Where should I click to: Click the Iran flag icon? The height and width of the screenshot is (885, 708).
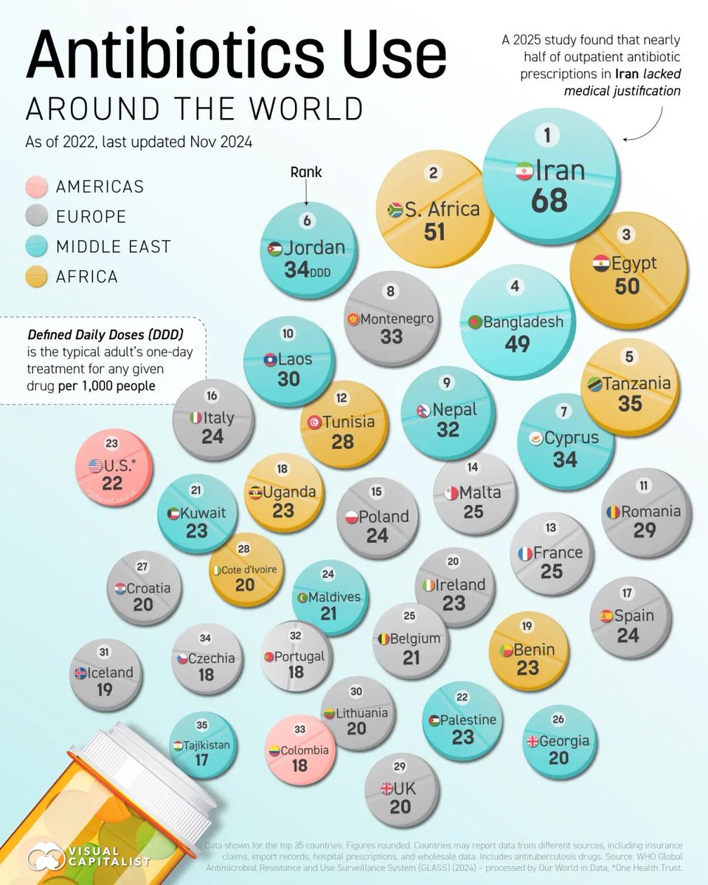523,170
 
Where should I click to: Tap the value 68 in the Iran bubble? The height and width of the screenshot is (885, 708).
549,201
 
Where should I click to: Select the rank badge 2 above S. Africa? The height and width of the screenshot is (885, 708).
434,174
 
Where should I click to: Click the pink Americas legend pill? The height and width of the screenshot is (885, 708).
35,187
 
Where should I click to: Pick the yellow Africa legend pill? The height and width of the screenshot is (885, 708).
35,277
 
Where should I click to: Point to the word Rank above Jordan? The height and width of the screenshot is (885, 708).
306,172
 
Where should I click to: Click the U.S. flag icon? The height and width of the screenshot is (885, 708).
95,465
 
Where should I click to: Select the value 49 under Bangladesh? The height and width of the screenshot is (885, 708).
517,344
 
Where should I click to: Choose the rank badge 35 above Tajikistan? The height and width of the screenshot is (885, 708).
201,726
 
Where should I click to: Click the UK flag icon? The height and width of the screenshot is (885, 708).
386,788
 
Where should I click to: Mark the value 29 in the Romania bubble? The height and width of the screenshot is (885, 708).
645,530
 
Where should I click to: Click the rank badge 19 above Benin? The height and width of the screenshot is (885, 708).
527,626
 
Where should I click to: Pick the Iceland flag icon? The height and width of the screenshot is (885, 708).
80,673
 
